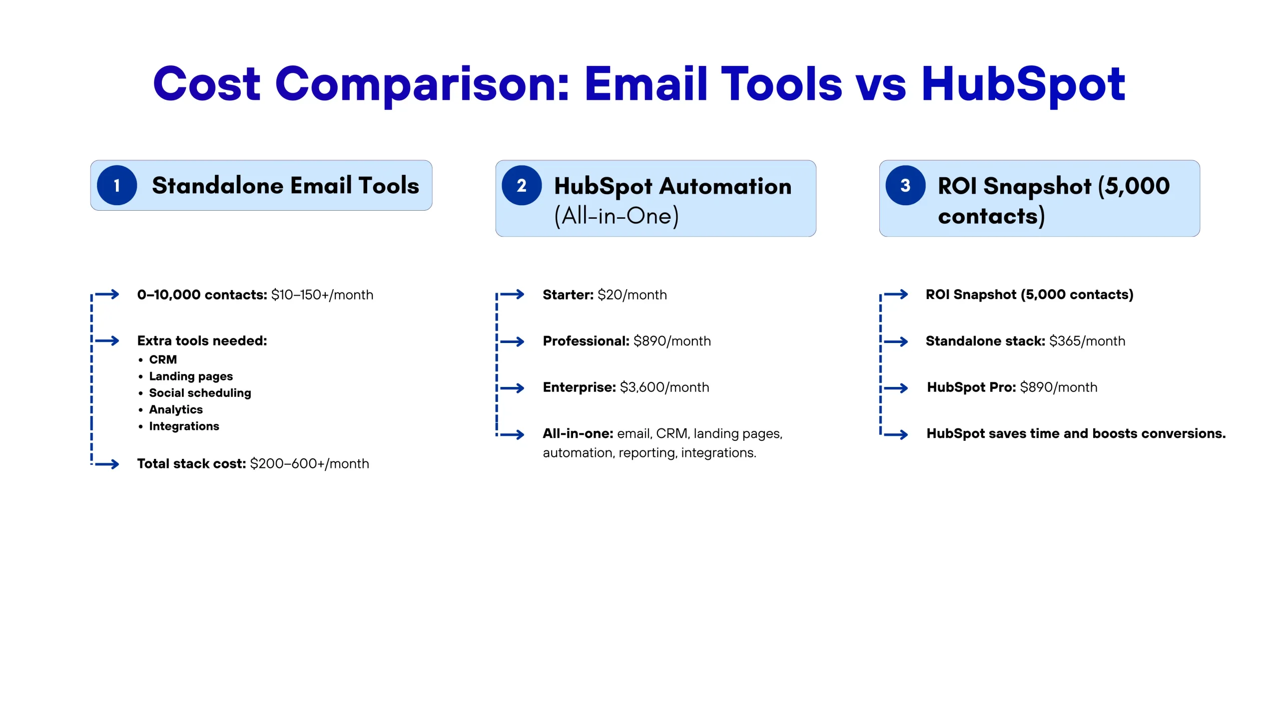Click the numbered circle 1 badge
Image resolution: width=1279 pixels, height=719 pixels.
point(117,185)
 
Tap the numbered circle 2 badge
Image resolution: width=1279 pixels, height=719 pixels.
point(522,185)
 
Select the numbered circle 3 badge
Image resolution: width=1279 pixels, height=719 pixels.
point(905,185)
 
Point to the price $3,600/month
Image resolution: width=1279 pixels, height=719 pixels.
point(664,387)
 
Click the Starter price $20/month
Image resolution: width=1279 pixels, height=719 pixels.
point(632,295)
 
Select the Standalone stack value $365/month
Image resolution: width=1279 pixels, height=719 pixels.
point(1087,341)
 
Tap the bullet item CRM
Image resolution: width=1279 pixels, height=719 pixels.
point(163,359)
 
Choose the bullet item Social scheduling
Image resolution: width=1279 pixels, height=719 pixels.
point(200,393)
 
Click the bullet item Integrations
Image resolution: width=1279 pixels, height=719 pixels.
point(184,426)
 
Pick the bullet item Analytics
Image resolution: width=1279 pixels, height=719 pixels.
point(176,409)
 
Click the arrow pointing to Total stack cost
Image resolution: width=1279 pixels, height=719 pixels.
point(107,464)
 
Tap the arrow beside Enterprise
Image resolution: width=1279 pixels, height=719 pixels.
point(512,388)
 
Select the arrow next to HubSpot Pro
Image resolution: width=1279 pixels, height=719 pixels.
point(896,388)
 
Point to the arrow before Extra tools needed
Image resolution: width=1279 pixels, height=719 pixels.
point(107,341)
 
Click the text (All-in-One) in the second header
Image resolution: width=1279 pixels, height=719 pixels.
point(617,216)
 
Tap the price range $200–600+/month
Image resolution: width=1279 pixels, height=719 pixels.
point(310,464)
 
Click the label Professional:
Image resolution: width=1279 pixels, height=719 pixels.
point(586,341)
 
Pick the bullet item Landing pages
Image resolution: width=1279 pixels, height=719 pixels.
point(191,376)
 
